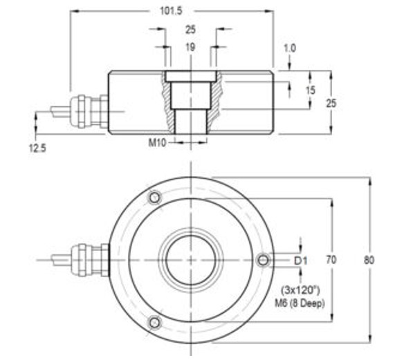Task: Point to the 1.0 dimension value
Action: click(290, 48)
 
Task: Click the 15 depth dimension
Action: click(310, 91)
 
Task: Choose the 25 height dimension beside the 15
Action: click(332, 102)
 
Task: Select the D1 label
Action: click(300, 260)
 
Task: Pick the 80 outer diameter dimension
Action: click(370, 260)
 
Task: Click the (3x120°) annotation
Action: click(300, 289)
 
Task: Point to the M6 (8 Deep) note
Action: click(300, 303)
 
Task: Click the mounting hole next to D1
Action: click(262, 260)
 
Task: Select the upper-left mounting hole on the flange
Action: click(154, 198)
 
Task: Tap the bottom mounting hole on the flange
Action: click(154, 322)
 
